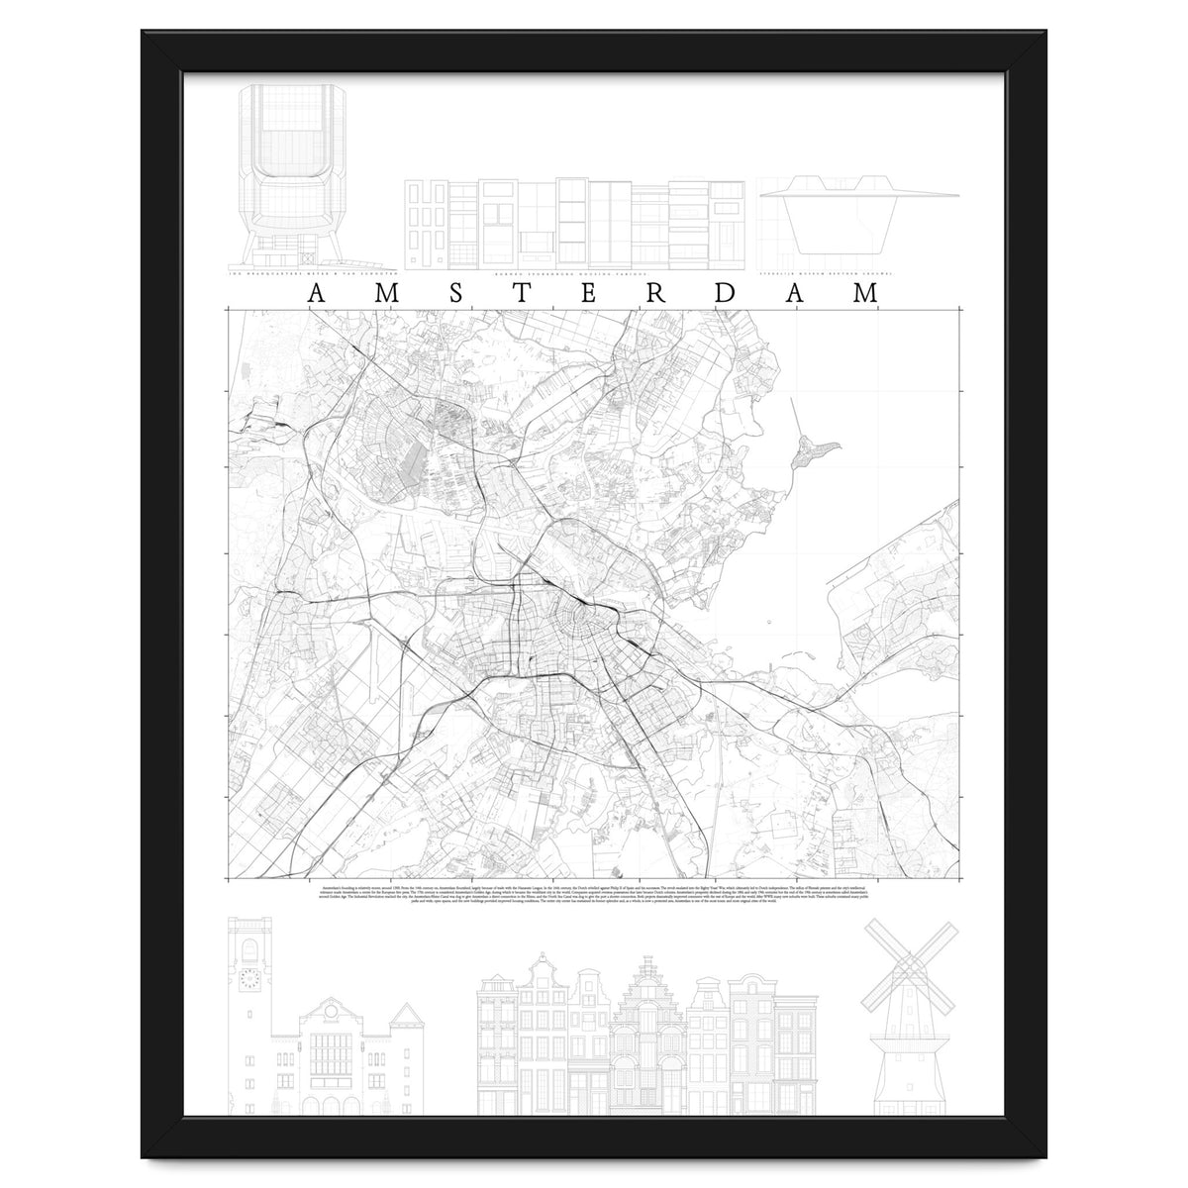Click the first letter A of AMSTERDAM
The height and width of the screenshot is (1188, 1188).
(315, 293)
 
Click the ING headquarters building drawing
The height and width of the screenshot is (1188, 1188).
(311, 173)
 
